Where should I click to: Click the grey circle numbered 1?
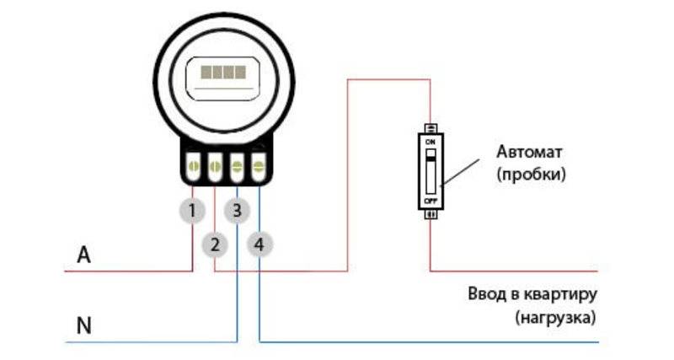[x=192, y=211]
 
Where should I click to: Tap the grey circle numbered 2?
[x=215, y=244]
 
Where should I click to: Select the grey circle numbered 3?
[x=237, y=211]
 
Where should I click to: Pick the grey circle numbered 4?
[x=259, y=244]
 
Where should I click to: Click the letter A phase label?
[x=83, y=255]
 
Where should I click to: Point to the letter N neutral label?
[x=83, y=325]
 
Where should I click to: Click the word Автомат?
[x=529, y=152]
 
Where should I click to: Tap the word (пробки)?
[x=532, y=175]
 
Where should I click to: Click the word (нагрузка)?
[x=556, y=319]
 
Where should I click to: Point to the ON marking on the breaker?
[x=431, y=142]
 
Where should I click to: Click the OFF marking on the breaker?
[x=431, y=201]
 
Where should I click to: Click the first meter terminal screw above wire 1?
[x=193, y=165]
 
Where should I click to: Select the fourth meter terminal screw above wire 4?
[x=259, y=165]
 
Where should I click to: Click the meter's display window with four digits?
[x=223, y=78]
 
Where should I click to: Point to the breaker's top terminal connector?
[x=431, y=128]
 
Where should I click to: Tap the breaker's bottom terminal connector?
[x=431, y=215]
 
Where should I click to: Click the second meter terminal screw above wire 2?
[x=215, y=165]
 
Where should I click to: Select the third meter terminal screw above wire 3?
[x=237, y=165]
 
